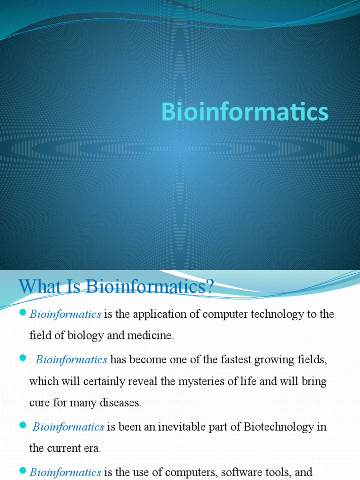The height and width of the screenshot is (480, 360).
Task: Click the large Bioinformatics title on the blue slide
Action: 245,112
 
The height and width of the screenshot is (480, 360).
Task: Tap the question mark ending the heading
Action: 209,286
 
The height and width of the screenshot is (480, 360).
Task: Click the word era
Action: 92,449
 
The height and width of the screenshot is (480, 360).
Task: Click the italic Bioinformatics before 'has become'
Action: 72,360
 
